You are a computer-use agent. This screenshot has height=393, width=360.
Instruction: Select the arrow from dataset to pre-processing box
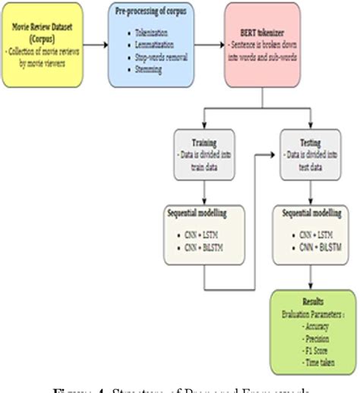(x=96, y=44)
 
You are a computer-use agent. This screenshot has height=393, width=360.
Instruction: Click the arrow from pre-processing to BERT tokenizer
(x=210, y=44)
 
